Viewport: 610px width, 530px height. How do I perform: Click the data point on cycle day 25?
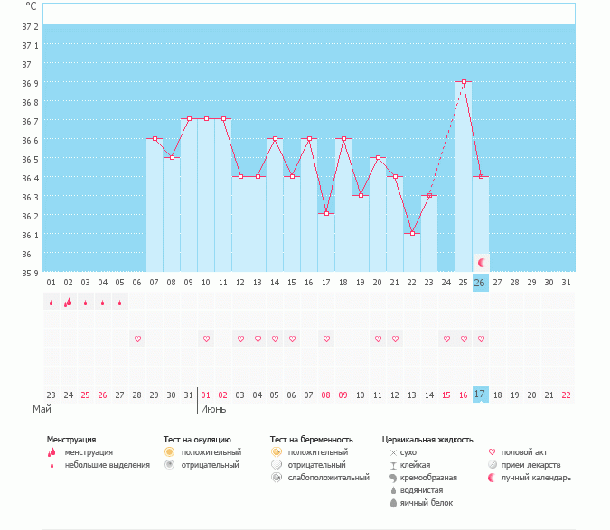(x=464, y=82)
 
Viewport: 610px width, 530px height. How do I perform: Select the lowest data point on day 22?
(x=412, y=233)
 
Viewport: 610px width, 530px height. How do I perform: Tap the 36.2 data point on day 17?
(x=326, y=214)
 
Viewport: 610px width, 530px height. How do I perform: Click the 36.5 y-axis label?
(x=31, y=159)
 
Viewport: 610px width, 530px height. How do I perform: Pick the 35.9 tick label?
(x=31, y=273)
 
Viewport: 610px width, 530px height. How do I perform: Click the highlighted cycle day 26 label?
(x=481, y=283)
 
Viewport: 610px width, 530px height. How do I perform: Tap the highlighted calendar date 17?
(x=481, y=395)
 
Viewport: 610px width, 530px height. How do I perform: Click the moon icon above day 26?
(x=482, y=262)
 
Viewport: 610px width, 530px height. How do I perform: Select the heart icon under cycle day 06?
(x=137, y=339)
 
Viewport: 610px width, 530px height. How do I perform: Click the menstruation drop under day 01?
(x=51, y=302)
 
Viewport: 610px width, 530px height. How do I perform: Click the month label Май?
(x=42, y=409)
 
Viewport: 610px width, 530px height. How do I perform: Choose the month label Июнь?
(x=213, y=409)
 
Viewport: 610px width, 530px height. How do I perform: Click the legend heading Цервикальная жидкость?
(x=427, y=440)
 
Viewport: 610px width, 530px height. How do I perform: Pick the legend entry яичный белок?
(x=420, y=502)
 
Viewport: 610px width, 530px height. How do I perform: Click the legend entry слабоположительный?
(x=327, y=477)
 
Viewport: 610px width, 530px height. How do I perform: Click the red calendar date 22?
(x=566, y=395)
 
